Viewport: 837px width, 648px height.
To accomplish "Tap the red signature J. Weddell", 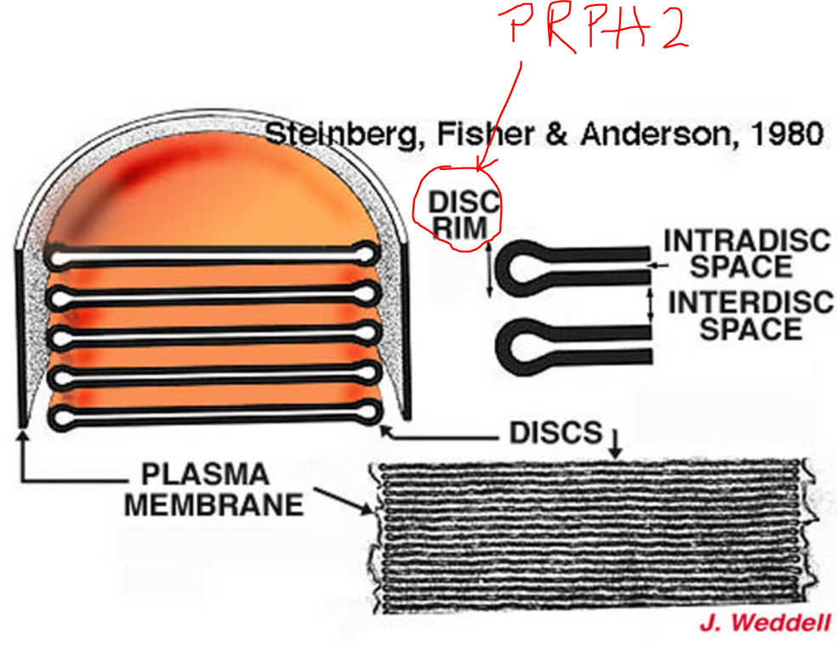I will (764, 623).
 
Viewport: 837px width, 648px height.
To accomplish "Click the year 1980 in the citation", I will (781, 134).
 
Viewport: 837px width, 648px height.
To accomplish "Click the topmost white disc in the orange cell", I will (213, 253).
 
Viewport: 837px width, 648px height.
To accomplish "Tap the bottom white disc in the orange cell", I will (213, 416).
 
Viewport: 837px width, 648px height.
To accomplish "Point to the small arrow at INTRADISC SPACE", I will (653, 265).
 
